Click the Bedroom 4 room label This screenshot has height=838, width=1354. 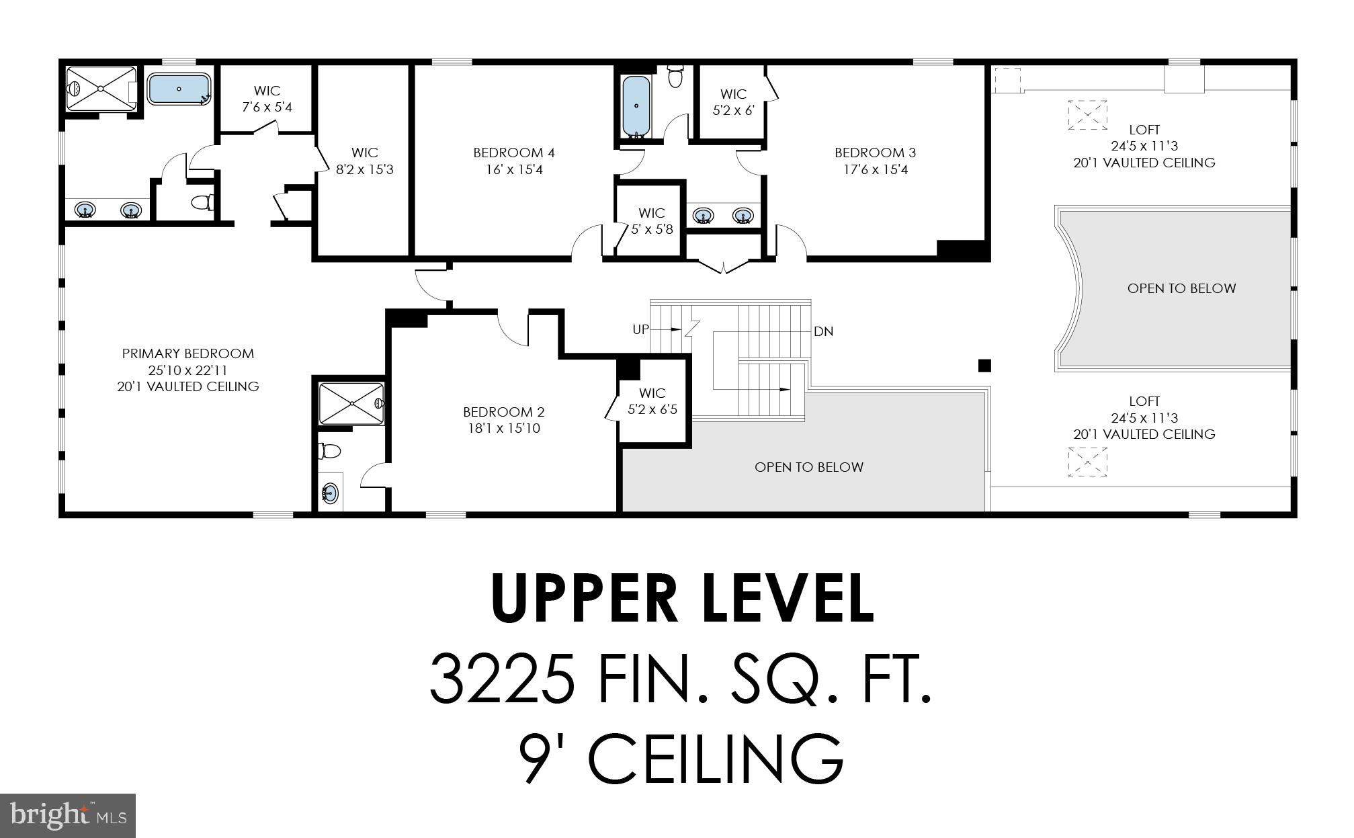pyautogui.click(x=514, y=153)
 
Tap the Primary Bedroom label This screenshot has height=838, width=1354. pyautogui.click(x=188, y=353)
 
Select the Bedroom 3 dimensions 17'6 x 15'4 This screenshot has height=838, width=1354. pyautogui.click(x=876, y=169)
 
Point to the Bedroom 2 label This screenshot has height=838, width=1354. pyautogui.click(x=504, y=412)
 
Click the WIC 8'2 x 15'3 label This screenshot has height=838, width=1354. pyautogui.click(x=365, y=161)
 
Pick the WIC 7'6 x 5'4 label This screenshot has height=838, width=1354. pyautogui.click(x=267, y=99)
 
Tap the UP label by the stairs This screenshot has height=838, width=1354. pyautogui.click(x=641, y=329)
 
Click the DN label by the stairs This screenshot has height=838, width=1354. pyautogui.click(x=824, y=331)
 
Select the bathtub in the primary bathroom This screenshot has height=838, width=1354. pyautogui.click(x=179, y=89)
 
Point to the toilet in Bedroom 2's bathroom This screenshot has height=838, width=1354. pyautogui.click(x=329, y=450)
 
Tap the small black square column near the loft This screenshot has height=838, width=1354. pyautogui.click(x=984, y=366)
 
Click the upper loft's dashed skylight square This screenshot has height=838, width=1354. pyautogui.click(x=1087, y=114)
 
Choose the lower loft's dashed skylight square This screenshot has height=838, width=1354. pyautogui.click(x=1087, y=462)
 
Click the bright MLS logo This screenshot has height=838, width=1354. pyautogui.click(x=68, y=816)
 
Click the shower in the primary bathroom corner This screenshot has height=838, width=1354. pyautogui.click(x=101, y=89)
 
